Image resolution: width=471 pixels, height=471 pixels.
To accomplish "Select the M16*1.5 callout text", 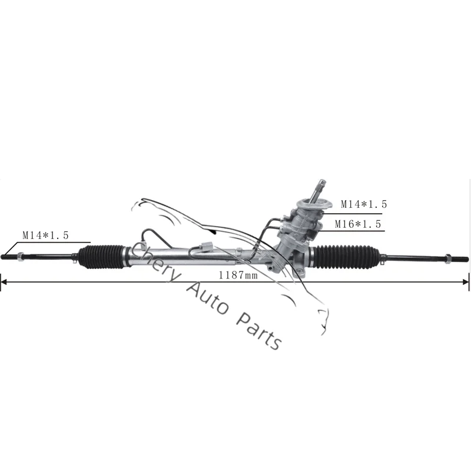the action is tap(358, 224).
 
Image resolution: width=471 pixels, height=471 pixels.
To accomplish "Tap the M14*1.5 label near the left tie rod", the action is tap(46, 234).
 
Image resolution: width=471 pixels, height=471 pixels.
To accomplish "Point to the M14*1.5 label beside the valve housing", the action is tap(364, 204).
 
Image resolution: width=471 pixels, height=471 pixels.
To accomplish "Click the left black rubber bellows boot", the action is tap(101, 257).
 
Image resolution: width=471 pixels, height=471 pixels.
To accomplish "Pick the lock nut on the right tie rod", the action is tap(450, 257).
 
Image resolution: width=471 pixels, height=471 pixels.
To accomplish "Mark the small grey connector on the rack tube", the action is tap(205, 247).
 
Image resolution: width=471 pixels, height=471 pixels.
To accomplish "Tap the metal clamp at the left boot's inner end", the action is tap(126, 254).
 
